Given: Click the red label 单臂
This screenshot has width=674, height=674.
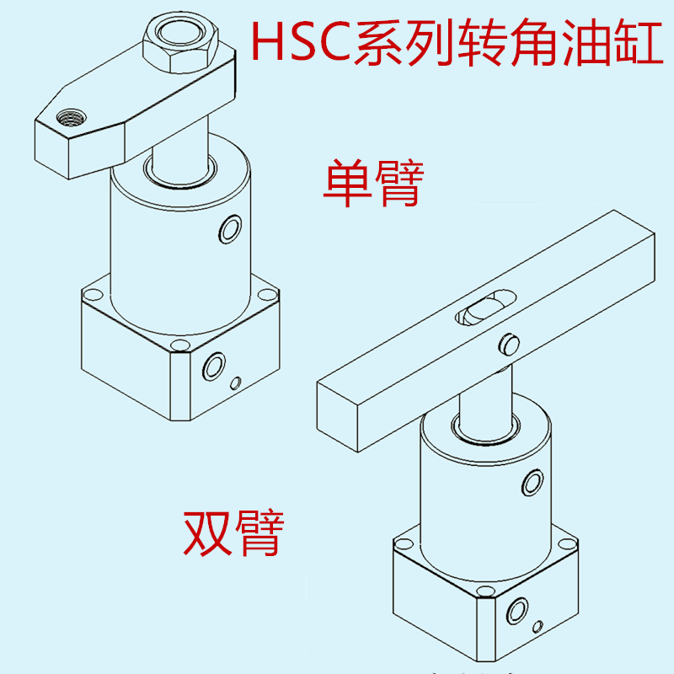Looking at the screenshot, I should (x=372, y=186).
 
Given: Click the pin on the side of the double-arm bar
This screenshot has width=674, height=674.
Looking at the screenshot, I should (x=508, y=343).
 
